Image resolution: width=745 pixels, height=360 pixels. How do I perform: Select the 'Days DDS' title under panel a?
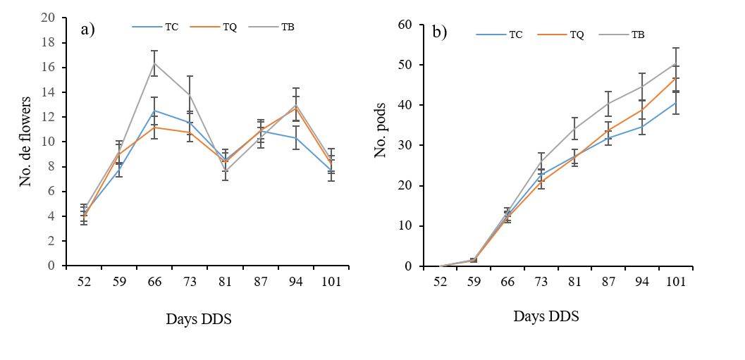tap(199, 319)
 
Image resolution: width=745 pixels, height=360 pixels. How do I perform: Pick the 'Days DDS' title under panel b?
tap(546, 316)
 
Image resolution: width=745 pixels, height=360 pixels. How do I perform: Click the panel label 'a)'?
tap(87, 29)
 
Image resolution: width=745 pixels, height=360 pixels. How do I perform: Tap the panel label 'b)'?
tap(440, 32)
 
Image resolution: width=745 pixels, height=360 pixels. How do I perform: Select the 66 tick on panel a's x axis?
tap(154, 282)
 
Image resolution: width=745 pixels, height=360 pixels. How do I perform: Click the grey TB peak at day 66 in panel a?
tap(154, 63)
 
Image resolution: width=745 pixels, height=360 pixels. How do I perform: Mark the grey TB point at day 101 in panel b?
tap(675, 64)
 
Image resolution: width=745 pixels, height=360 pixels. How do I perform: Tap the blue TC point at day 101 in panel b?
tap(675, 103)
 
